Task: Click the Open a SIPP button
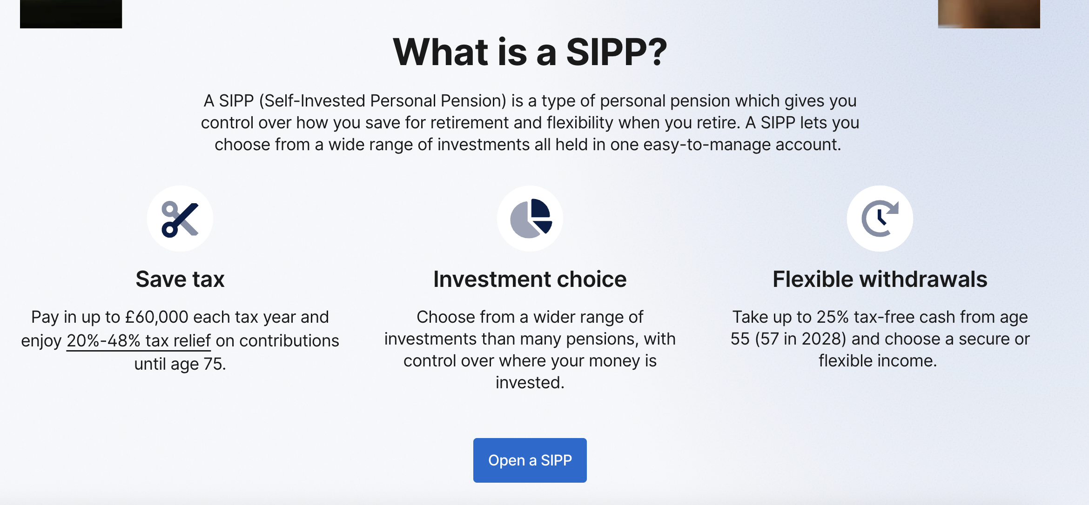pos(530,460)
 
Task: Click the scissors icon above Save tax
pos(180,219)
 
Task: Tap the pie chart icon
pos(530,219)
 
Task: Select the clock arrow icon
pos(880,219)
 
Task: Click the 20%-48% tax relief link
pos(139,341)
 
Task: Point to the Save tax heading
pos(180,279)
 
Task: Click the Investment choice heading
pos(530,279)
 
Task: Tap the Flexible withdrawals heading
pos(880,279)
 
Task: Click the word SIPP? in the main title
pos(616,52)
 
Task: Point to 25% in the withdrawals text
pos(833,317)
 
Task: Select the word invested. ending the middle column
pos(530,383)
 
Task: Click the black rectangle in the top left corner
pos(71,14)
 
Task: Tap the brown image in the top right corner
pos(988,14)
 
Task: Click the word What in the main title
pos(440,52)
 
